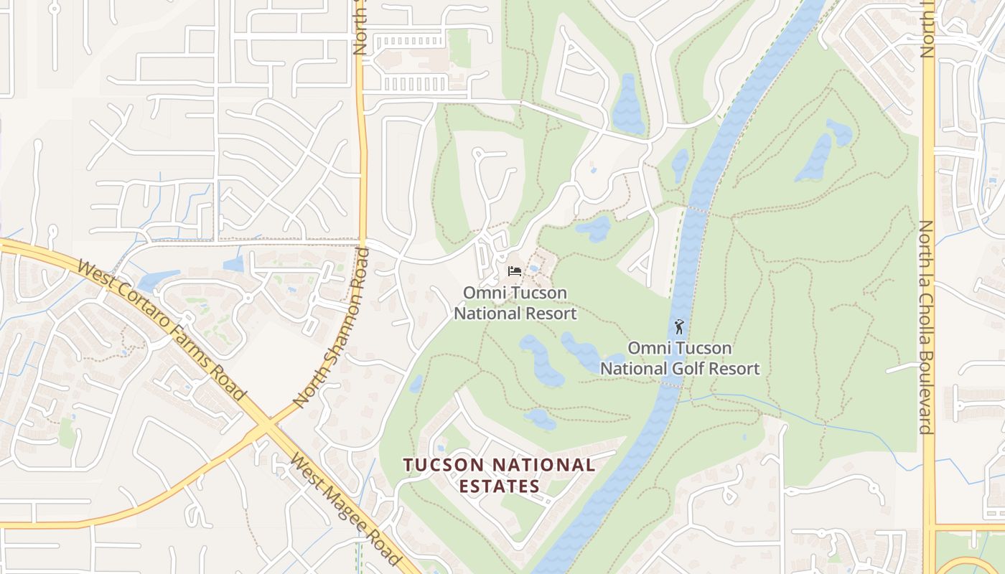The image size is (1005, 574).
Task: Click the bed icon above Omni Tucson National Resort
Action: (515, 271)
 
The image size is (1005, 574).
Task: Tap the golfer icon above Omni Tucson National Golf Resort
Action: (679, 327)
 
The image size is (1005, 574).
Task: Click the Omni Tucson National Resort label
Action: (515, 303)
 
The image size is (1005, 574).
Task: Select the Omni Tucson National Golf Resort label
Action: (680, 358)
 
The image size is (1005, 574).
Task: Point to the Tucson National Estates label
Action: (500, 475)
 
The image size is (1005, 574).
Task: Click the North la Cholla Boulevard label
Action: (927, 327)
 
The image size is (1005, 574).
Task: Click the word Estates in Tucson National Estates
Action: (500, 486)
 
